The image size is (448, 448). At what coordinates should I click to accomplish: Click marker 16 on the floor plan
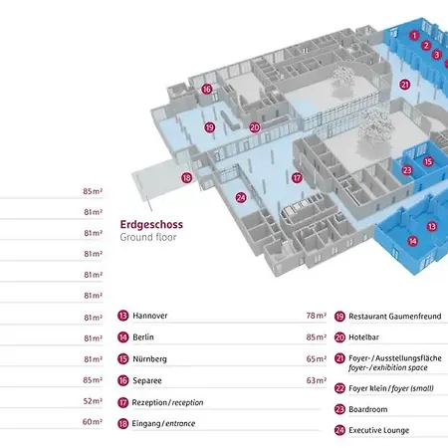coord(207,89)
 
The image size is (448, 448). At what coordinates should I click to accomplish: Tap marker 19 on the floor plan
coord(210,127)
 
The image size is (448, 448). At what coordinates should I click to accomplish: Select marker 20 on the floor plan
coord(255,127)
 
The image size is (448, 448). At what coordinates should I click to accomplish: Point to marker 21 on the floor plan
coord(405,85)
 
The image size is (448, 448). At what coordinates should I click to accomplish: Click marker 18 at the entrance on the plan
coord(186,178)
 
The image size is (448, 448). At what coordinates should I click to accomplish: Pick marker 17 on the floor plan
coord(297,178)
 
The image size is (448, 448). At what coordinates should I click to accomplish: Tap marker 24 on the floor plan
coord(241,198)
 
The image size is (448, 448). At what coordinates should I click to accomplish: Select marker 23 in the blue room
coord(407,170)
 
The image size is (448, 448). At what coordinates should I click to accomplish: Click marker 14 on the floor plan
coord(413,241)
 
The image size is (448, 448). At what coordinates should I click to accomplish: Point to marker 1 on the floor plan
coord(414,36)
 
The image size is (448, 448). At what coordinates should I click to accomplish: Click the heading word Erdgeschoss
coord(151,225)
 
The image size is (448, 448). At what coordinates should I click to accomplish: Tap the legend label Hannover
coord(150,316)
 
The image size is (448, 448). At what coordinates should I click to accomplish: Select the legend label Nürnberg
coord(149,359)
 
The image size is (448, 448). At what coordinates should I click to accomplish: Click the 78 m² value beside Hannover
coord(317,316)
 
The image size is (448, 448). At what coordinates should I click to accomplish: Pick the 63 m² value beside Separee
coord(317,380)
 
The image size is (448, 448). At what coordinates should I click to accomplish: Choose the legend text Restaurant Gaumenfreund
coord(395,317)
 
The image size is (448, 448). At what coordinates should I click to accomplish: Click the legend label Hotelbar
coord(363,337)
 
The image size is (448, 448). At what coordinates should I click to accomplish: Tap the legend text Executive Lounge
coord(378,430)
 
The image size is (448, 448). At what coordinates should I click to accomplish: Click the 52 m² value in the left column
coord(93,401)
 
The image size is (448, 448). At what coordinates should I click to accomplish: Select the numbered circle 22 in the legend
coord(339,388)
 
